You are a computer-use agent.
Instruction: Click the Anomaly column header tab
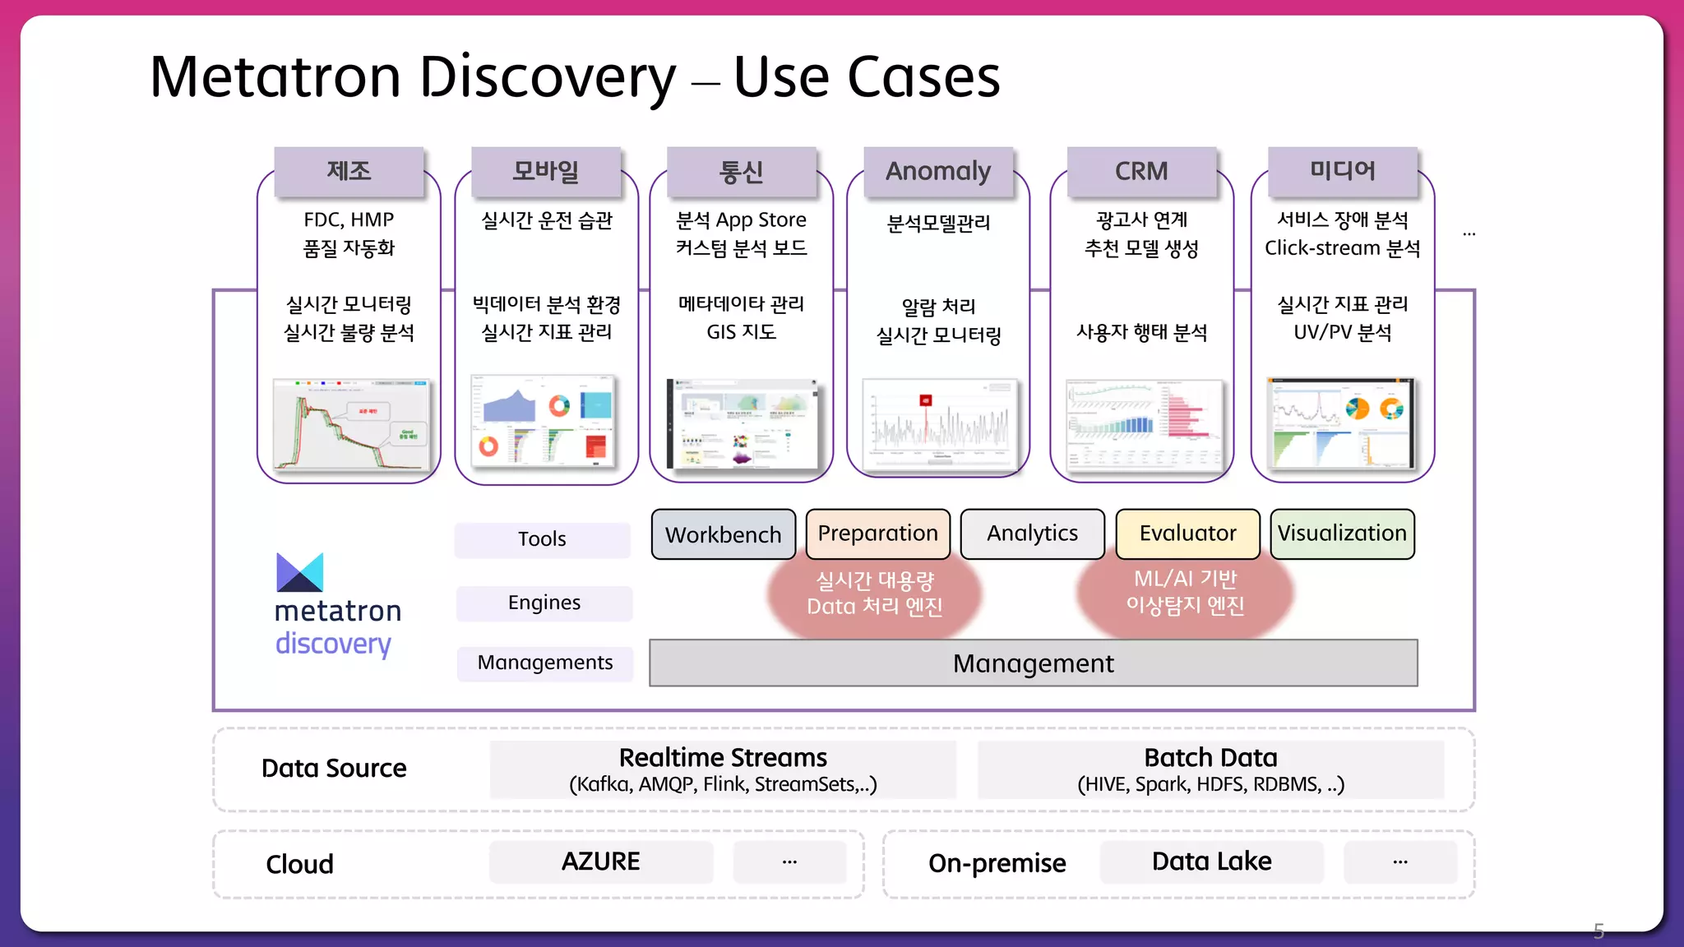[938, 171]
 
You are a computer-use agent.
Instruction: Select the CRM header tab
[1141, 171]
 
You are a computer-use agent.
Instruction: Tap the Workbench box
[723, 534]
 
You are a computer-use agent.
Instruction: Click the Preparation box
[877, 534]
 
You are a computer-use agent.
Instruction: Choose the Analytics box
[1032, 534]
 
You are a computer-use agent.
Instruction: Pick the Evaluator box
[1187, 534]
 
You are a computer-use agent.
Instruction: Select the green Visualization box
[1342, 534]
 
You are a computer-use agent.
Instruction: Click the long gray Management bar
[1033, 663]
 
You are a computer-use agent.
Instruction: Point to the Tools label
[542, 539]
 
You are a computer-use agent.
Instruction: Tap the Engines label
[544, 603]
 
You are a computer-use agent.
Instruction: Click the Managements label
[545, 663]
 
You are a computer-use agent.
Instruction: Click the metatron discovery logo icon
[299, 572]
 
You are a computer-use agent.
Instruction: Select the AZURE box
[600, 862]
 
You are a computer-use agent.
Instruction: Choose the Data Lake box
[1211, 862]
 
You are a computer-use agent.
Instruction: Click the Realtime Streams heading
[723, 757]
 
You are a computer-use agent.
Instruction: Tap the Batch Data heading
[1210, 757]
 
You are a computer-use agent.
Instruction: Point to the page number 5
[1598, 931]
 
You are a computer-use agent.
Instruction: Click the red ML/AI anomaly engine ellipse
[1185, 593]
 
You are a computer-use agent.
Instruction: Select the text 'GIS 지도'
[741, 332]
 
